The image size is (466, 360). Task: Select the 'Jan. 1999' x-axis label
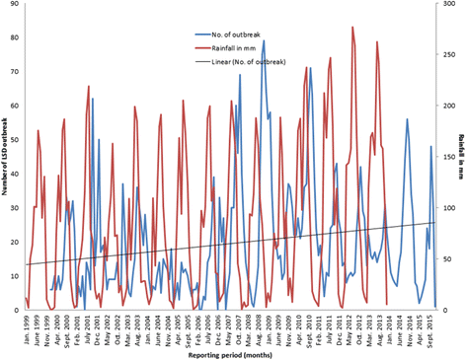26,325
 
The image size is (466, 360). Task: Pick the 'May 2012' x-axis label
352,324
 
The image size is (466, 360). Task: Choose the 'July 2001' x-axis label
88,324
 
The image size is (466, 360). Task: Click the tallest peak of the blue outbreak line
264,68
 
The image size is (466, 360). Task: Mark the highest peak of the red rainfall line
352,27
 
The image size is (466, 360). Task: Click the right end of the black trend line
434,223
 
